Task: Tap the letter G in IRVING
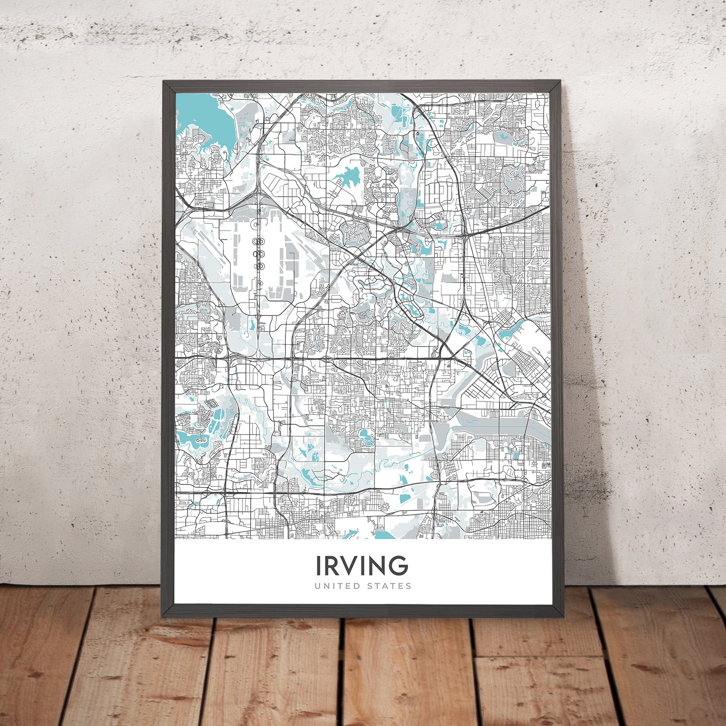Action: [x=398, y=566]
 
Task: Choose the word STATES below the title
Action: [x=388, y=586]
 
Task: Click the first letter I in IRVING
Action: [x=318, y=566]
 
